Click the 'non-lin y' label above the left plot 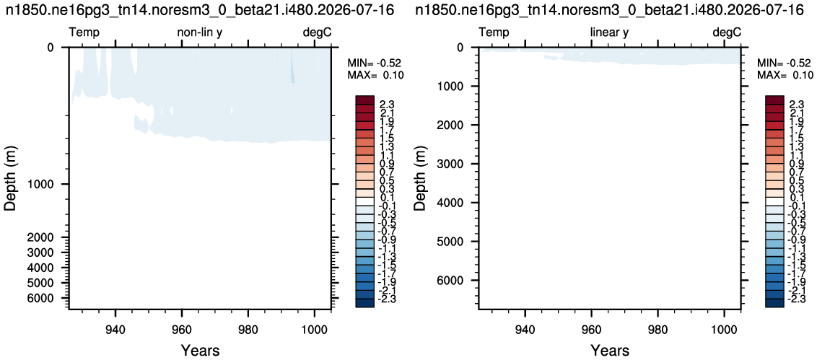[201, 33]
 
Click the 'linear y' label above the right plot [609, 33]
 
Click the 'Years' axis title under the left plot [200, 350]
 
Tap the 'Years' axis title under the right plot [610, 350]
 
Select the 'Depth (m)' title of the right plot [421, 178]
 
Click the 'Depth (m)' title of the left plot [12, 178]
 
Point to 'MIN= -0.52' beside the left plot [375, 63]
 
